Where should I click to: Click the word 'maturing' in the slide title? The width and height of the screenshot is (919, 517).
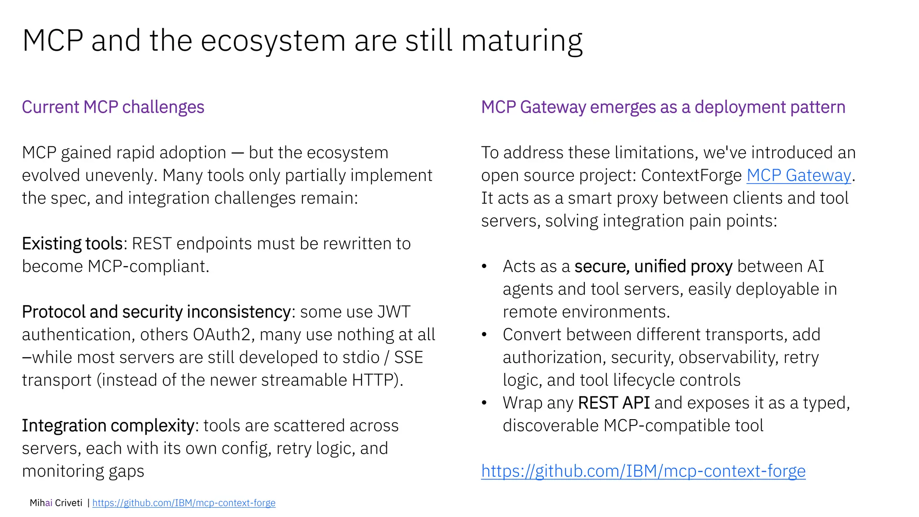pyautogui.click(x=522, y=41)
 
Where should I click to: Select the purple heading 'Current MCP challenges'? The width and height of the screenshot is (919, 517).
pyautogui.click(x=113, y=107)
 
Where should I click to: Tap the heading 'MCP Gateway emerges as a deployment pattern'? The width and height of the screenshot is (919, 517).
pyautogui.click(x=663, y=107)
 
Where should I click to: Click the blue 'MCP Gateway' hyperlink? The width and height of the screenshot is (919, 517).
pyautogui.click(x=798, y=175)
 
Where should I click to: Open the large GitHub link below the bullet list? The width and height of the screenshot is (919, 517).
pyautogui.click(x=643, y=471)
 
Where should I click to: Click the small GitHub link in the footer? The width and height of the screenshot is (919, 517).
pyautogui.click(x=184, y=503)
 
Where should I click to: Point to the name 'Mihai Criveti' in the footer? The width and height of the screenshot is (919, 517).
pyautogui.click(x=56, y=503)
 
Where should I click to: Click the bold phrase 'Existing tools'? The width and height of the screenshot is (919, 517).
pyautogui.click(x=72, y=244)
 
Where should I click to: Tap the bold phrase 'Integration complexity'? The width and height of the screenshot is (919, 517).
pyautogui.click(x=108, y=425)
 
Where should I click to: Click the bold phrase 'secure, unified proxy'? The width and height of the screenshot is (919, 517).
pyautogui.click(x=653, y=267)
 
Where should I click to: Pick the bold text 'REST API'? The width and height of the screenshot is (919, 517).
pyautogui.click(x=613, y=403)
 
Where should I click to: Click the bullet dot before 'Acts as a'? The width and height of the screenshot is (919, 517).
pyautogui.click(x=484, y=267)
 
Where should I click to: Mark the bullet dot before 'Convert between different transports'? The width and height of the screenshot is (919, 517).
pyautogui.click(x=484, y=335)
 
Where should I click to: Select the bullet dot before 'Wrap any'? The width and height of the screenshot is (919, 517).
pyautogui.click(x=484, y=403)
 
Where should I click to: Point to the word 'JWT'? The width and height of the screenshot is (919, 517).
pyautogui.click(x=394, y=312)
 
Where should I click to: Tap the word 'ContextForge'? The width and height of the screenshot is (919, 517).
pyautogui.click(x=691, y=175)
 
